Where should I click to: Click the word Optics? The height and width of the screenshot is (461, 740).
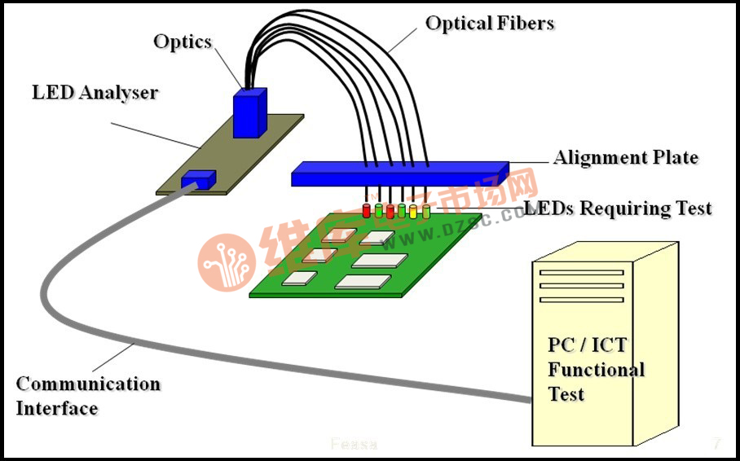tap(183, 42)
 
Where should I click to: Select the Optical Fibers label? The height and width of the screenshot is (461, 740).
tap(490, 24)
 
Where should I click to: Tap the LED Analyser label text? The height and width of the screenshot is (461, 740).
tap(95, 92)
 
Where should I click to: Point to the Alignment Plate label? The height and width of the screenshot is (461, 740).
tap(626, 157)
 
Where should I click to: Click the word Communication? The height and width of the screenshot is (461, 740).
tap(88, 384)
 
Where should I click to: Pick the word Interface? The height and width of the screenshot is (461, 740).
tap(57, 408)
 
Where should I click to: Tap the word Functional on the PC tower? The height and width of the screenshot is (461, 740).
tap(596, 370)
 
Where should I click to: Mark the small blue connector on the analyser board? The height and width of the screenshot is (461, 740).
tap(198, 178)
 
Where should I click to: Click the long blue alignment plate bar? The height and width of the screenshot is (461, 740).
tap(399, 173)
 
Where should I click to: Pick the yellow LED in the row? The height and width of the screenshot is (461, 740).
tap(413, 211)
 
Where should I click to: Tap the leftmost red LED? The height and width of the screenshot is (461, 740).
tap(367, 211)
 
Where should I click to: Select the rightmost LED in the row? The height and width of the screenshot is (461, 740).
tap(425, 211)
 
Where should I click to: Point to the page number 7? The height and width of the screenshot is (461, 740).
tap(716, 444)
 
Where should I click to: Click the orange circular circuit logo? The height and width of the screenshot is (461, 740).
tap(226, 261)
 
